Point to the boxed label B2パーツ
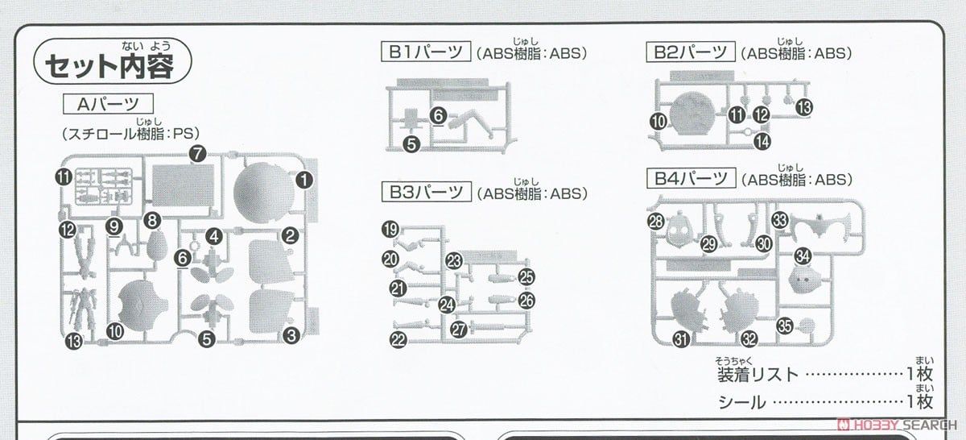689,53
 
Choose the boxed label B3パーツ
425,193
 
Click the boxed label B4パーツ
689,179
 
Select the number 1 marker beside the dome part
303,181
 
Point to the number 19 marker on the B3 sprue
390,230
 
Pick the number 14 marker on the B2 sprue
762,142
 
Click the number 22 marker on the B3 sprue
398,340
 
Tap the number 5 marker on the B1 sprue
412,144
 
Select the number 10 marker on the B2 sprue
659,122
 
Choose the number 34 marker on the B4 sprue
803,256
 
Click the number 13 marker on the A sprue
74,342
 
